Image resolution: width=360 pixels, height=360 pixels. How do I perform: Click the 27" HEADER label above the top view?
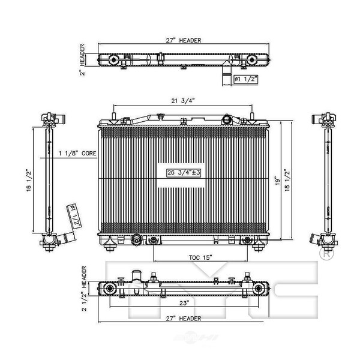coord(180,40)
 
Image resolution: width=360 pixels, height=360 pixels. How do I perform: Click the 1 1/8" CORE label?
coord(77,154)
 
